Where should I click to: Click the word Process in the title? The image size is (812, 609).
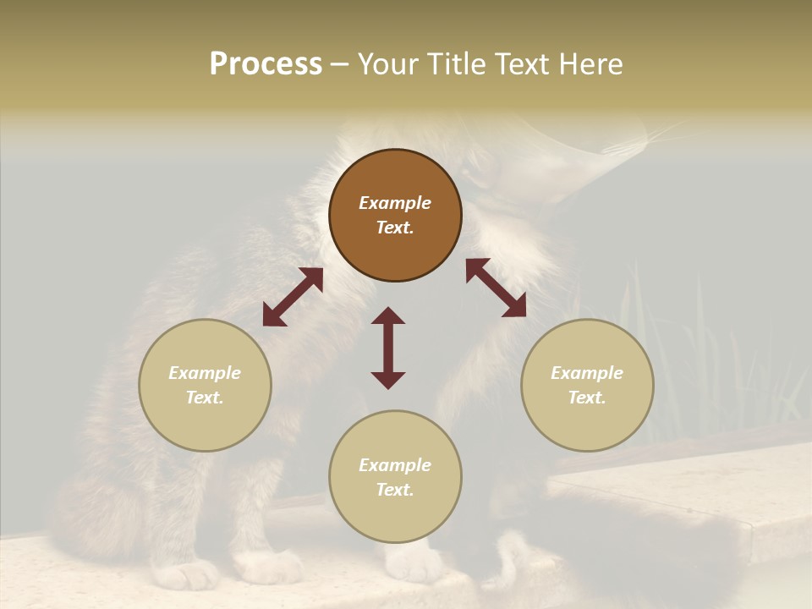(x=266, y=64)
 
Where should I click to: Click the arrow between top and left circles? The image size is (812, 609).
(x=293, y=297)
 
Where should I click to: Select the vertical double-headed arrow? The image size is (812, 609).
(x=388, y=348)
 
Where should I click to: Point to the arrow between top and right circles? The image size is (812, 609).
(x=496, y=288)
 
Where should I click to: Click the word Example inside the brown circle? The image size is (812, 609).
(x=395, y=203)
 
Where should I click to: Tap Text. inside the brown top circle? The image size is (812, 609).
(x=395, y=228)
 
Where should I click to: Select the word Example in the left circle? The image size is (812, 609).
(x=205, y=373)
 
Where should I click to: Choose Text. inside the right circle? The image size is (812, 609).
(x=587, y=398)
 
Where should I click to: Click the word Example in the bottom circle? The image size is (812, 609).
(x=395, y=465)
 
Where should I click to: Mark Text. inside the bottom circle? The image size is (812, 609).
(x=395, y=490)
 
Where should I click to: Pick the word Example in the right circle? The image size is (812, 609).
(x=587, y=373)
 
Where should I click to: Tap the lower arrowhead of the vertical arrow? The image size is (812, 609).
(x=388, y=380)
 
